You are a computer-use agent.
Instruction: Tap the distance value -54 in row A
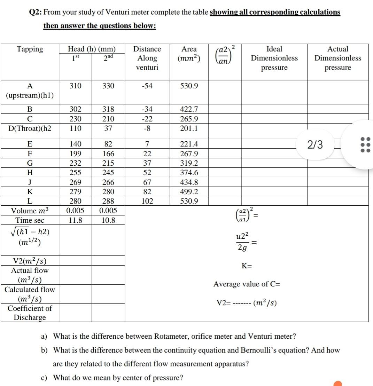click(147, 86)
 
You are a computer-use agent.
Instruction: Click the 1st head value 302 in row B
click(75, 109)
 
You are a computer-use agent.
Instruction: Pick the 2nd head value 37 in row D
click(108, 128)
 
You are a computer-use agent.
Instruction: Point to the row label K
click(30, 191)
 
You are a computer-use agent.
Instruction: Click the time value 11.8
click(75, 220)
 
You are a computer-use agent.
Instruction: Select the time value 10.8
click(108, 220)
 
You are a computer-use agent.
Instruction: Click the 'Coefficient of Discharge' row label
click(30, 313)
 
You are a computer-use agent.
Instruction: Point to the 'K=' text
click(247, 266)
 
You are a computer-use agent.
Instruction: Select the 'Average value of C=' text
click(247, 284)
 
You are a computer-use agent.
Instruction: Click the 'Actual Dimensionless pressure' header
click(338, 58)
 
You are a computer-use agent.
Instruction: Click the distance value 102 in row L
click(147, 201)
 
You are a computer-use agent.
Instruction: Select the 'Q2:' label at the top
click(36, 13)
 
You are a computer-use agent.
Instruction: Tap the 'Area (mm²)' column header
click(189, 54)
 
